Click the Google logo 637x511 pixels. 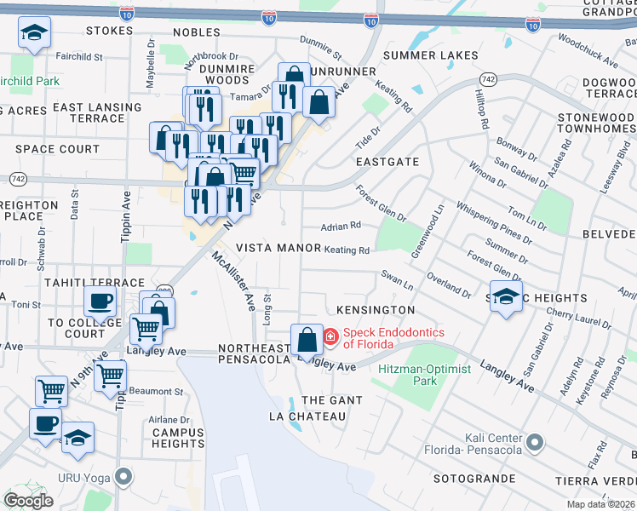coord(28,501)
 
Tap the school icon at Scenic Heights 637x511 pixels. coord(507,297)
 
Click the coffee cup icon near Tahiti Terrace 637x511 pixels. coord(100,300)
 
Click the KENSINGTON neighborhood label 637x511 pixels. coord(375,310)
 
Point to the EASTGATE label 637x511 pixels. coord(387,161)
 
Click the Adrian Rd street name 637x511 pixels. coord(341,226)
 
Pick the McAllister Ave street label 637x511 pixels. coord(233,278)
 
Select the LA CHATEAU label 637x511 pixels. coord(307,416)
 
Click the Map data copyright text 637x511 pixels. coord(601,504)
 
